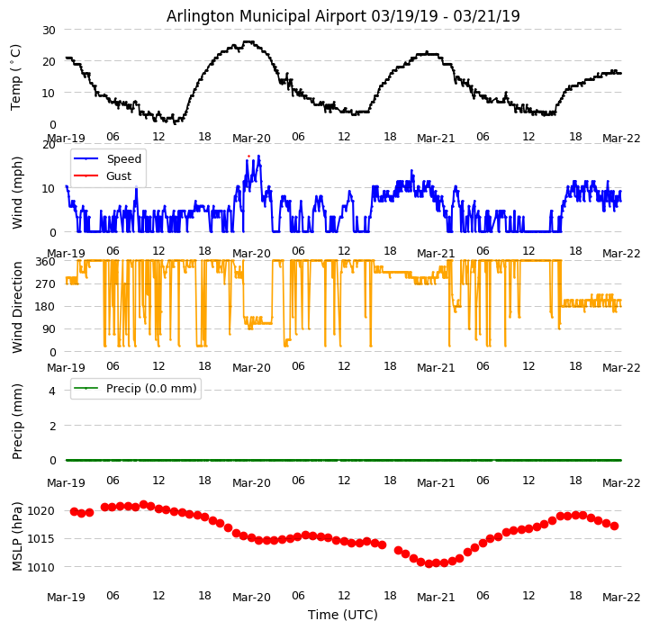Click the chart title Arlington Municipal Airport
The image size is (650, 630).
coord(343,16)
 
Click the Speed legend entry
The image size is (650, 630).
coord(123,159)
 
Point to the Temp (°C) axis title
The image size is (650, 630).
coord(16,76)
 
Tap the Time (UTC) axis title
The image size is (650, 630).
coord(343,615)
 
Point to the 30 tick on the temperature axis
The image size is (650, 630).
coord(48,30)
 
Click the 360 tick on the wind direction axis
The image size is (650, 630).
coord(45,261)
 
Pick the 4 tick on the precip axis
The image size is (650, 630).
coord(52,391)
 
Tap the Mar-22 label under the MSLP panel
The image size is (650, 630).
coord(621,597)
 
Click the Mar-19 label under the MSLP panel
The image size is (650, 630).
coord(66,597)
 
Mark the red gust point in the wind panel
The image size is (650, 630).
coord(249,157)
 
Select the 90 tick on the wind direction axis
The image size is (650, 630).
coord(49,329)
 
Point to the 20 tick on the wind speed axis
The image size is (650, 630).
coord(48,145)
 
